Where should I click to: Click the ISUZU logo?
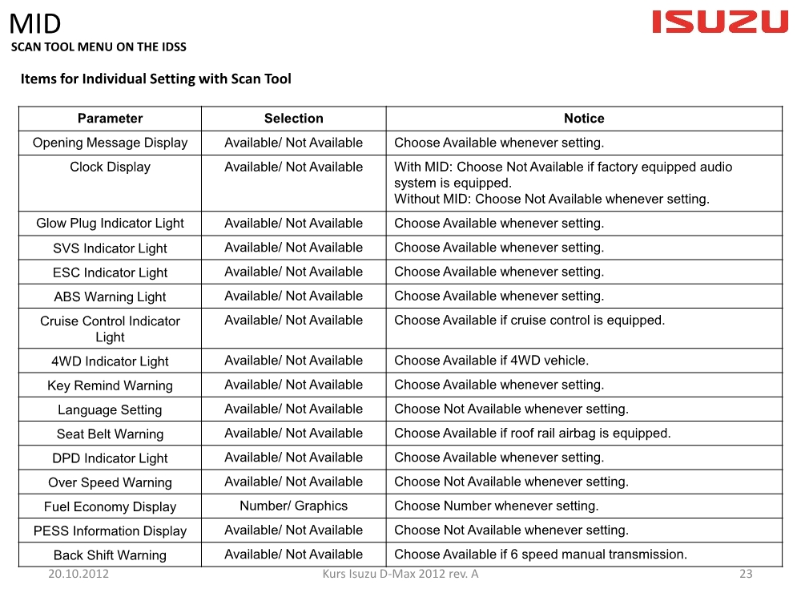tap(720, 22)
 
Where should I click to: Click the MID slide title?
tap(35, 24)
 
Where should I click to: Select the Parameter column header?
tap(110, 119)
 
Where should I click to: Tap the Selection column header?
tap(293, 119)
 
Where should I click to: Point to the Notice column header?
tap(584, 119)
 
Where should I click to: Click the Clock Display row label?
tap(110, 167)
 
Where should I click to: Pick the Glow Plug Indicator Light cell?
tap(110, 224)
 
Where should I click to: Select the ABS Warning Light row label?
tap(110, 296)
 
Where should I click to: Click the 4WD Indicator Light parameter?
tap(110, 361)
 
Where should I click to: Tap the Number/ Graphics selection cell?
tap(293, 506)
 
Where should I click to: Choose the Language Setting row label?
tap(110, 410)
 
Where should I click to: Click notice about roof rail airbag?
tap(532, 434)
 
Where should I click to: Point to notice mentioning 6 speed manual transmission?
tap(540, 555)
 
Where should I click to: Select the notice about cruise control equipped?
tap(529, 321)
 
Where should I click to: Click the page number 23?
tap(746, 574)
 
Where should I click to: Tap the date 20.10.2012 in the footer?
tap(78, 574)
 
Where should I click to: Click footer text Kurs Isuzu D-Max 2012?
tap(400, 574)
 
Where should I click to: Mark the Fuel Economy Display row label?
tap(110, 507)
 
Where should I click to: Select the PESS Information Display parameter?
tap(110, 531)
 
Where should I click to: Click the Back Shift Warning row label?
tap(110, 555)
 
